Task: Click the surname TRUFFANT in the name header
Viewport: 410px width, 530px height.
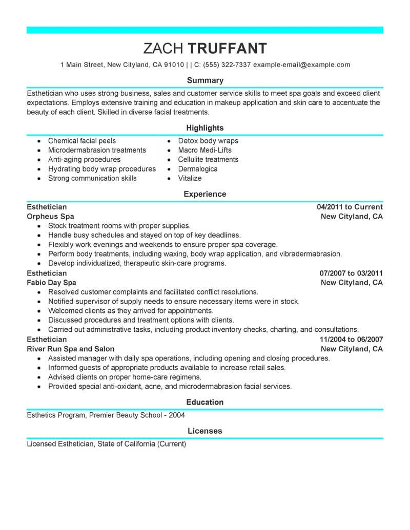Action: pos(228,48)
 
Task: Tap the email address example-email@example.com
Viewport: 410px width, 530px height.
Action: pos(302,65)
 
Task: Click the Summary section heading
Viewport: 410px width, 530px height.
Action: pos(205,80)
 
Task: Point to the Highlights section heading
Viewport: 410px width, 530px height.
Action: pos(205,128)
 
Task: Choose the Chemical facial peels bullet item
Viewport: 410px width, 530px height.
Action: pos(82,141)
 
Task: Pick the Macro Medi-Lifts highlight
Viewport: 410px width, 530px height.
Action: pos(204,150)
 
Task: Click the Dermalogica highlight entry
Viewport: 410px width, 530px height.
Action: pos(198,169)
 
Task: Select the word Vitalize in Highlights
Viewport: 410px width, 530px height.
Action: pos(190,178)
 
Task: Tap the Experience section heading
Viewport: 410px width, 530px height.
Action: pos(205,194)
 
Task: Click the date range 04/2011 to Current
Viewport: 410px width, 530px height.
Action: pos(350,207)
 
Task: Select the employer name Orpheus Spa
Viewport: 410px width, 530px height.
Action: pos(50,217)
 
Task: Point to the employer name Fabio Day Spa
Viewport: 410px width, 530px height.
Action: pos(51,283)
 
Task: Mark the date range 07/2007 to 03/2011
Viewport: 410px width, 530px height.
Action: pos(351,273)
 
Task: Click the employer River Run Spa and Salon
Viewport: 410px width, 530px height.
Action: pos(70,349)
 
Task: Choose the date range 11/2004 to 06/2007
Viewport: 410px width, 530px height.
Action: pos(351,339)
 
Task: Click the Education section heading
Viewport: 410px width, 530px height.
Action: pos(205,402)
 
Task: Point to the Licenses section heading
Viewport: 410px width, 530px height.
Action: pos(205,431)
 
